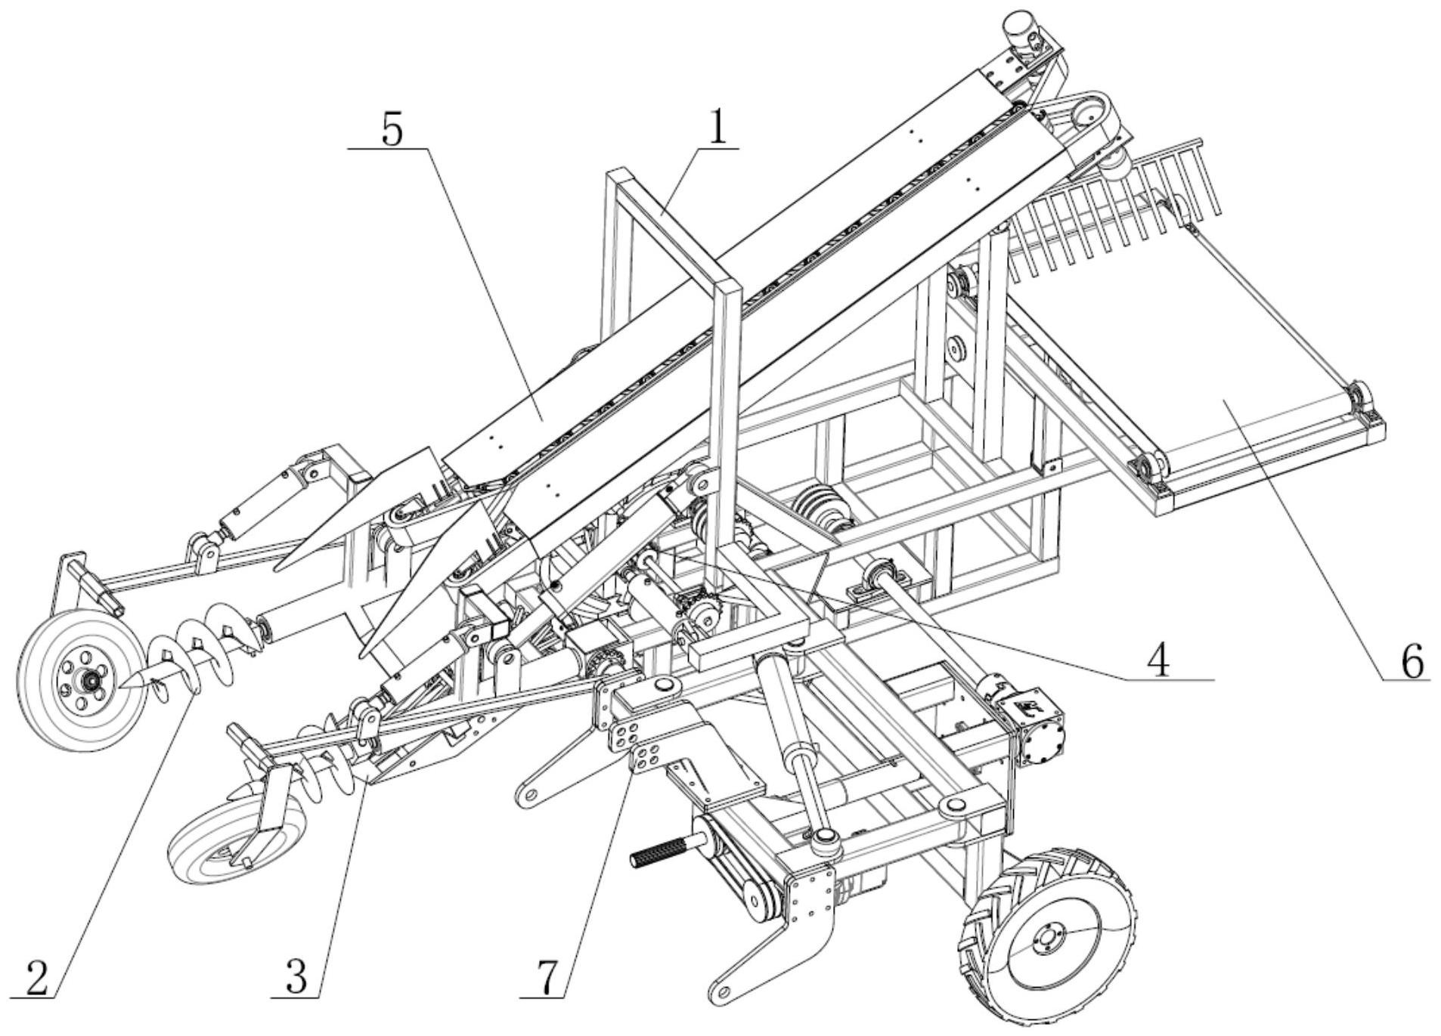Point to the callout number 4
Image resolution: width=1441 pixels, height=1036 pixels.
(1157, 660)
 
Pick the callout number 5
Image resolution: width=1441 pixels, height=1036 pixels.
(392, 130)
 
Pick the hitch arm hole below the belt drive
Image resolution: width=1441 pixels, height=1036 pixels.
(724, 991)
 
